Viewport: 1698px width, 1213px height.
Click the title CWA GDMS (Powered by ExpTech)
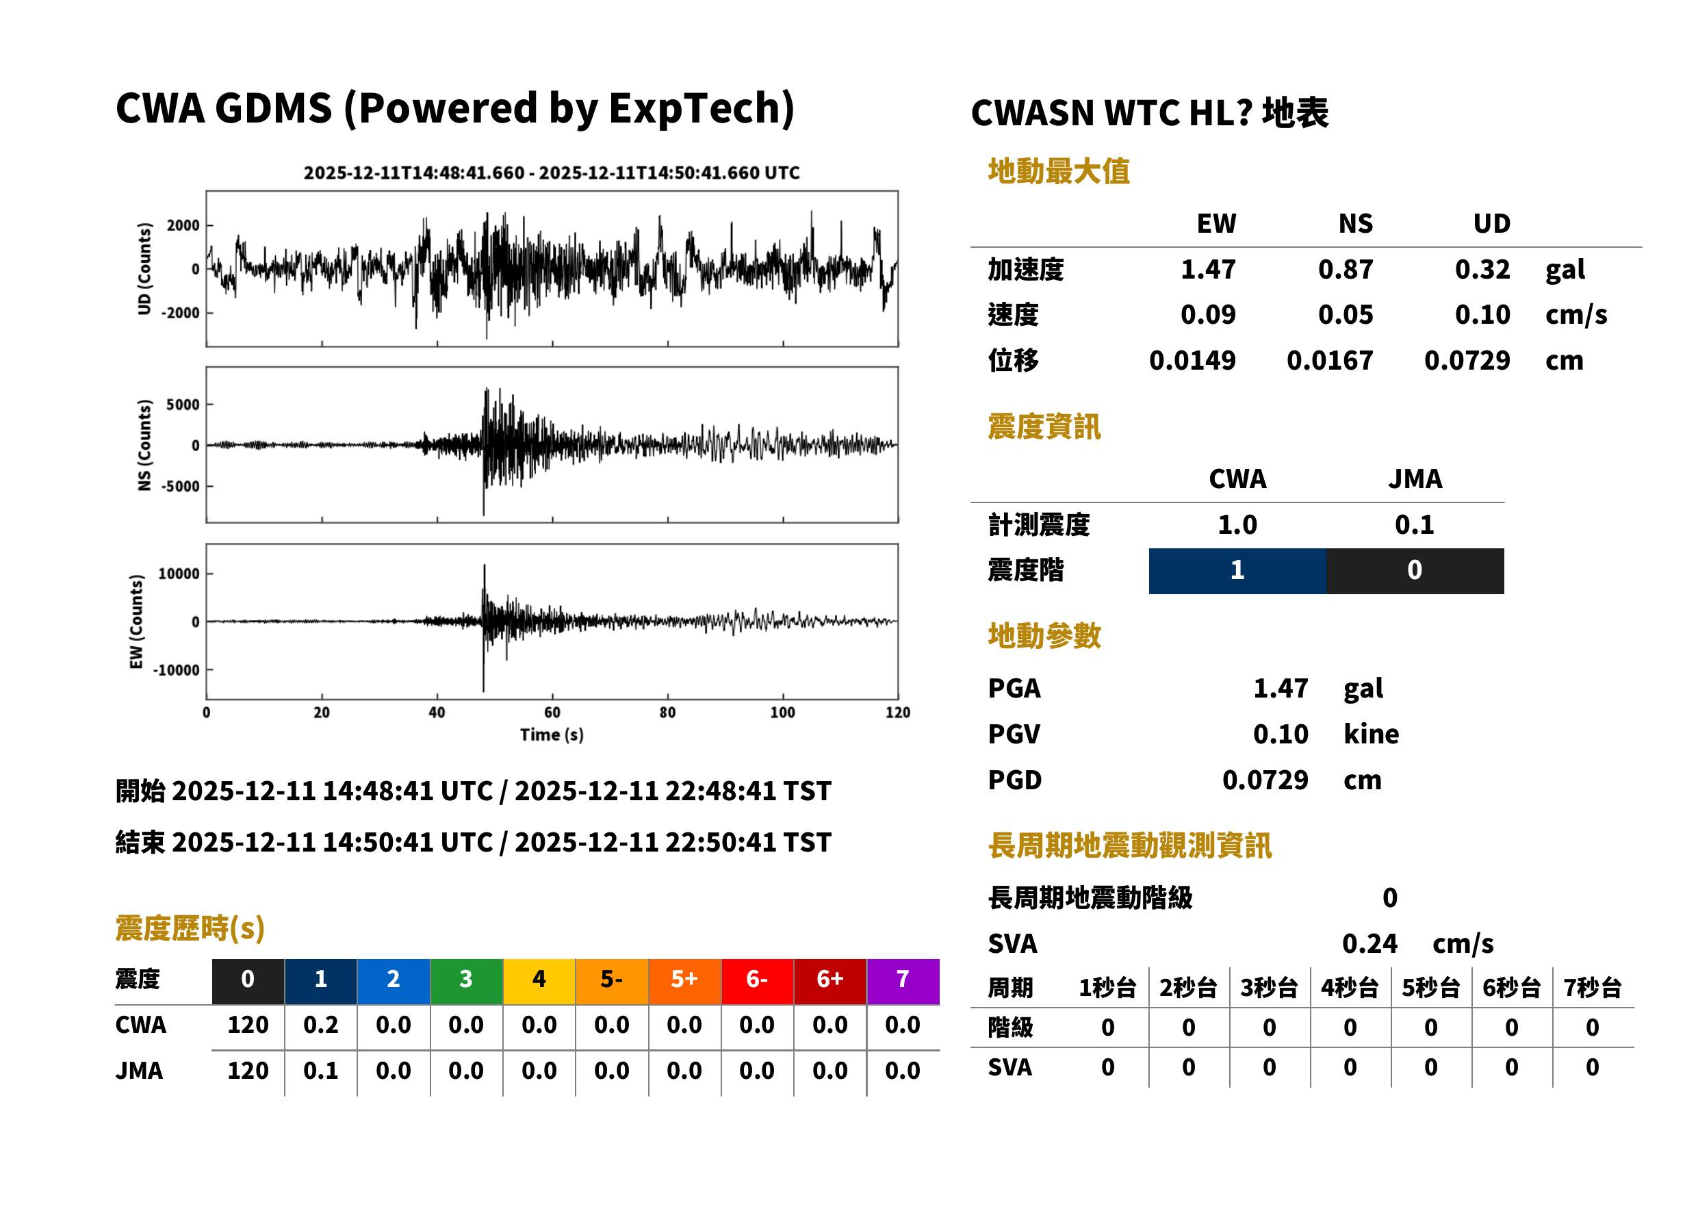coord(454,109)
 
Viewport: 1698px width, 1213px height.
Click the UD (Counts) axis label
coord(144,269)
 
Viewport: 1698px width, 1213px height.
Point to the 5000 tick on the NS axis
coord(183,405)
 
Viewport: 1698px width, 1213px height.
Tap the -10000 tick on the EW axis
coord(177,670)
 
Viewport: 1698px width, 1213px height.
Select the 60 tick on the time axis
coord(552,713)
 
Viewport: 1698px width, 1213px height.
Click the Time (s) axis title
coord(552,735)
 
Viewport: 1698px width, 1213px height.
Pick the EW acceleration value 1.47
coord(1207,270)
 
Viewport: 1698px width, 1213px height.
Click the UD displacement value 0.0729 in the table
coord(1467,361)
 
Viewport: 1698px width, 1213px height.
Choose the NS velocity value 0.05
coord(1345,315)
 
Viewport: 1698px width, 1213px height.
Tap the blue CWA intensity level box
coord(1237,572)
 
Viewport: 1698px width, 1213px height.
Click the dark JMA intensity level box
coord(1415,572)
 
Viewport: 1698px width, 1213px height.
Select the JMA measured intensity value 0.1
coord(1414,525)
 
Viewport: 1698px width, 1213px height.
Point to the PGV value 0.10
coord(1281,735)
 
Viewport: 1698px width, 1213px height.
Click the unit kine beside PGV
coord(1371,735)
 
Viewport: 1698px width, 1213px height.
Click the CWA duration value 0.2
coord(320,1025)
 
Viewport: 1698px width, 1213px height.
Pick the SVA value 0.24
coord(1369,944)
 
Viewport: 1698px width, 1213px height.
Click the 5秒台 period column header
coord(1430,988)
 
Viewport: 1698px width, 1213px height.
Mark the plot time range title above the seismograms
coord(552,173)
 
